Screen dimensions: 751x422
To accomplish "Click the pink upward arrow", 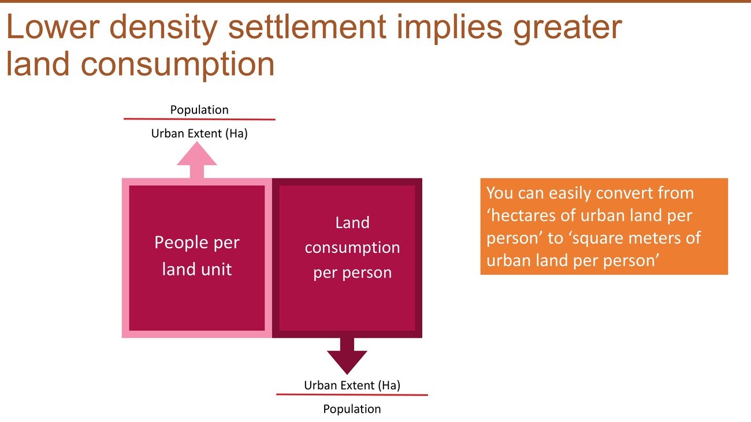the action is coord(197,160).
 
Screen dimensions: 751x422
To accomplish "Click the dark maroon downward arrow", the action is coord(347,356).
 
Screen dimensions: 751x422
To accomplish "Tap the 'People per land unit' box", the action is coord(197,258).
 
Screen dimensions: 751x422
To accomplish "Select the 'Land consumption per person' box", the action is coord(347,258).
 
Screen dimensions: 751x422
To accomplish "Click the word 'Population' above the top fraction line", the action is coord(199,110).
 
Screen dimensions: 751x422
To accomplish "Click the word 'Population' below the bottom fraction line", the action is coord(352,409).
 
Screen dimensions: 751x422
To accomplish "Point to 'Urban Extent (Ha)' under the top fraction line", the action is coord(199,133).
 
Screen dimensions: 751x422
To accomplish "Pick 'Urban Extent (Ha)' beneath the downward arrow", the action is coord(352,385).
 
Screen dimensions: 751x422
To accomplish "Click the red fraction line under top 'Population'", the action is coord(199,119).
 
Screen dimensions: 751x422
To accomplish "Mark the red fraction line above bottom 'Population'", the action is coord(352,394).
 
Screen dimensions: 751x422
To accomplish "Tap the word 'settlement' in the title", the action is coord(307,27).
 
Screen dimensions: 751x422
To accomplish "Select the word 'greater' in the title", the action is coord(568,29).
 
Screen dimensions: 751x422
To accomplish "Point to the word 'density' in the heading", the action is coord(163,29).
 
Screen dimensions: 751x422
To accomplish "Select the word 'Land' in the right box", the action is coord(352,223).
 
